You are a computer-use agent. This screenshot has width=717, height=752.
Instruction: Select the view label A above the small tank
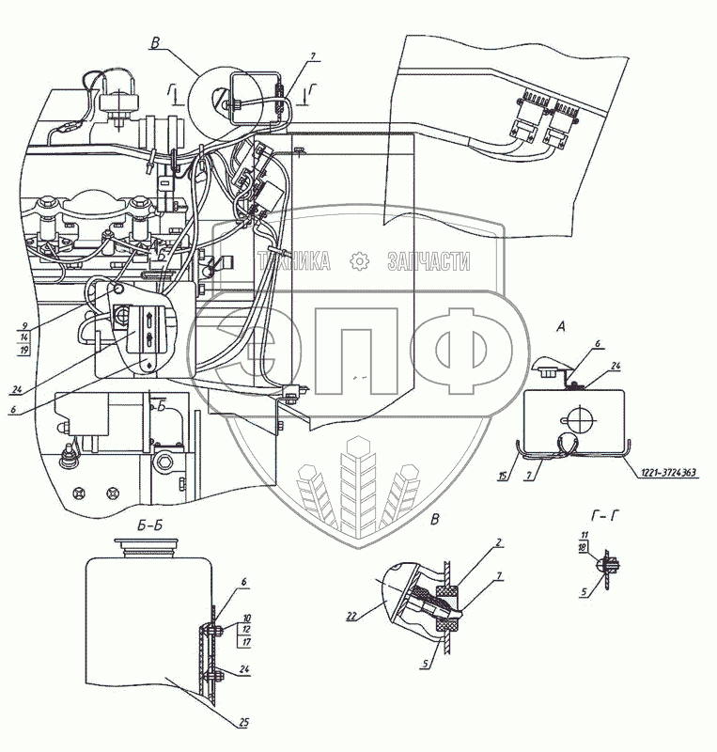click(x=560, y=327)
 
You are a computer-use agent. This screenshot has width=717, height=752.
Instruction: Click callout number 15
click(x=505, y=477)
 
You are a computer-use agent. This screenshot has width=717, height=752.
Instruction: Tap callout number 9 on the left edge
click(x=23, y=326)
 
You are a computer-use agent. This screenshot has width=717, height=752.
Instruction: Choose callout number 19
click(x=23, y=349)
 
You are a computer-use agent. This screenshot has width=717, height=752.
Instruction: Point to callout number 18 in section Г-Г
click(x=583, y=545)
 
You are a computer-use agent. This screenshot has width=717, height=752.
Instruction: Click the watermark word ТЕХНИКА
click(x=293, y=263)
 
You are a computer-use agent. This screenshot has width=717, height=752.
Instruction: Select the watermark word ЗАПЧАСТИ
click(x=429, y=263)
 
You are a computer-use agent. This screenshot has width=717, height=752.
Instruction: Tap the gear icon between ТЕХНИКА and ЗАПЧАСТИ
click(x=358, y=262)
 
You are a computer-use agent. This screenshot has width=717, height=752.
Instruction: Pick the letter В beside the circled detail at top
click(x=155, y=42)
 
